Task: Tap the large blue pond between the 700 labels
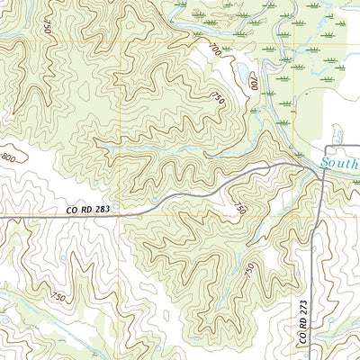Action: tap(240, 73)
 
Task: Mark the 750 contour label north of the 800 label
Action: tap(46, 26)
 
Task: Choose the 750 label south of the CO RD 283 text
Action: tap(58, 296)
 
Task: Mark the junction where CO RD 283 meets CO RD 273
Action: tap(323, 171)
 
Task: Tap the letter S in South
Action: tap(325, 165)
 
